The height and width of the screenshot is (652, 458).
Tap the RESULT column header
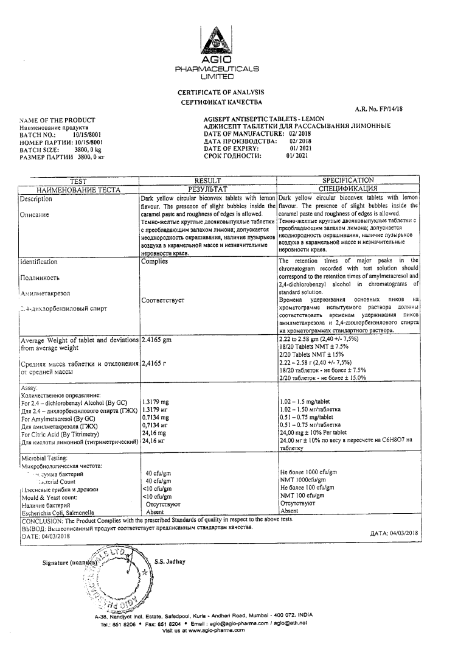207,181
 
